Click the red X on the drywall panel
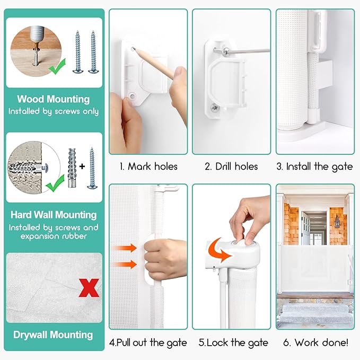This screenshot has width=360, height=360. [89, 288]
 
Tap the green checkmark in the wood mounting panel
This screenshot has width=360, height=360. [57, 67]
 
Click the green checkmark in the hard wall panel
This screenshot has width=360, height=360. [55, 183]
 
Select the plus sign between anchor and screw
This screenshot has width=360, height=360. [82, 166]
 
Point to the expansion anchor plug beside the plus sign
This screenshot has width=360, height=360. [72, 168]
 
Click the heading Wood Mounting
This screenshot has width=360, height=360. [54, 99]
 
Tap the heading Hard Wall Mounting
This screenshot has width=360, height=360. [54, 215]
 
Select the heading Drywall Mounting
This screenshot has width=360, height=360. [53, 335]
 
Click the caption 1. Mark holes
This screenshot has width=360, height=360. [148, 166]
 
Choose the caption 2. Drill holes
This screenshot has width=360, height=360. [231, 166]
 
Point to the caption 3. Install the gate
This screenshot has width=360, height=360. [315, 167]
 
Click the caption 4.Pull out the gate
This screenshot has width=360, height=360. [148, 343]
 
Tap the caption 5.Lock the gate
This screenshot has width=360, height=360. [233, 343]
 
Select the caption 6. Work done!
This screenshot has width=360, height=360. [315, 343]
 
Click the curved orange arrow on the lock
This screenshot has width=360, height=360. [218, 250]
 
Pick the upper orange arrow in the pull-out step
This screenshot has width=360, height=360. [125, 248]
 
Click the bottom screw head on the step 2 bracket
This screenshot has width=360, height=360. [215, 107]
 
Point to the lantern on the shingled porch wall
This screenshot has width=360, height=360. [337, 222]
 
